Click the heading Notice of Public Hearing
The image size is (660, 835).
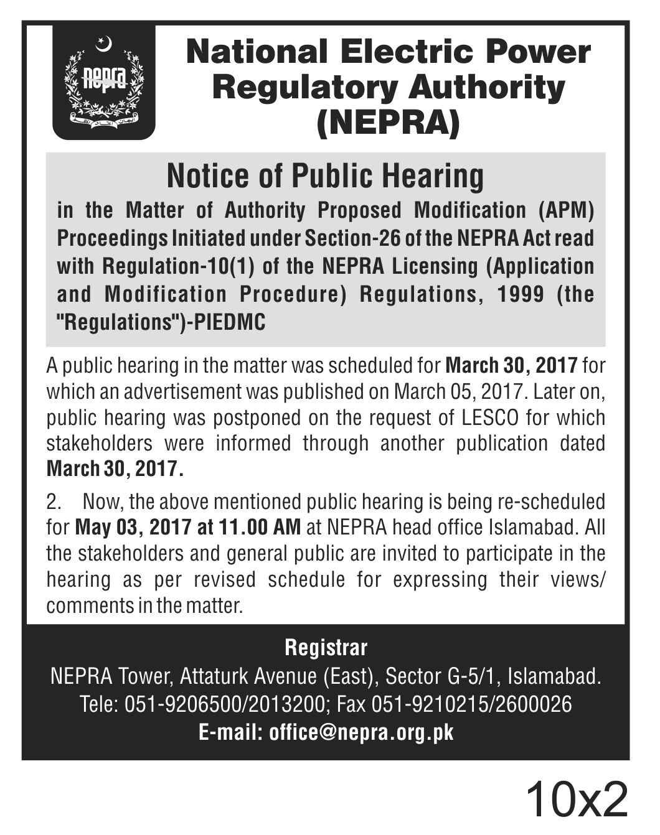tap(325, 176)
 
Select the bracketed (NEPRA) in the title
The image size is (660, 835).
tap(388, 123)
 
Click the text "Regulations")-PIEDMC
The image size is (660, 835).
tap(161, 322)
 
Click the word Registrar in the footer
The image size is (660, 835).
tap(326, 648)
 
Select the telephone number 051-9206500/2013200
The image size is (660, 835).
tap(226, 704)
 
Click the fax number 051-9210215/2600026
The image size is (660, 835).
tap(471, 704)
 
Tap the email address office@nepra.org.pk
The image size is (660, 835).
tap(361, 732)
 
